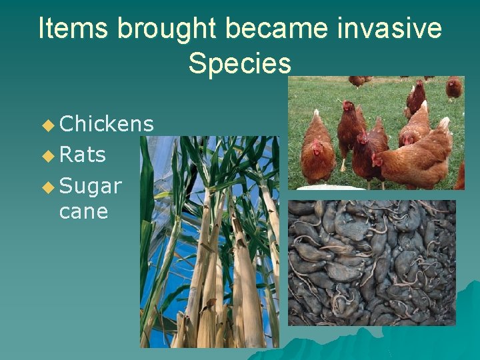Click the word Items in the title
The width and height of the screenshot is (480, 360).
pyautogui.click(x=73, y=29)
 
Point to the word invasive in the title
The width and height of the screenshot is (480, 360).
pyautogui.click(x=393, y=29)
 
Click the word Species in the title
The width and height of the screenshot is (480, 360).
pyautogui.click(x=239, y=63)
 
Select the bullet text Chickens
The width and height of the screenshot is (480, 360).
pyautogui.click(x=107, y=124)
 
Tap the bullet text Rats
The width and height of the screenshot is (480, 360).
pyautogui.click(x=83, y=155)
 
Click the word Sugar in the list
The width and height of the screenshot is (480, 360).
pyautogui.click(x=91, y=186)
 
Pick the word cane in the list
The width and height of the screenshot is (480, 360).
pyautogui.click(x=83, y=211)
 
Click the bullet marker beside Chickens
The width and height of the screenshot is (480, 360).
pyautogui.click(x=47, y=125)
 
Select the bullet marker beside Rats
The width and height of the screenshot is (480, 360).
pyautogui.click(x=47, y=155)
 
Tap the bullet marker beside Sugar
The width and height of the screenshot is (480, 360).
pyautogui.click(x=47, y=187)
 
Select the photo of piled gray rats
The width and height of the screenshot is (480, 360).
pyautogui.click(x=371, y=262)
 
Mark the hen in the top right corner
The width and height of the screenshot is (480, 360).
pyautogui.click(x=454, y=87)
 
